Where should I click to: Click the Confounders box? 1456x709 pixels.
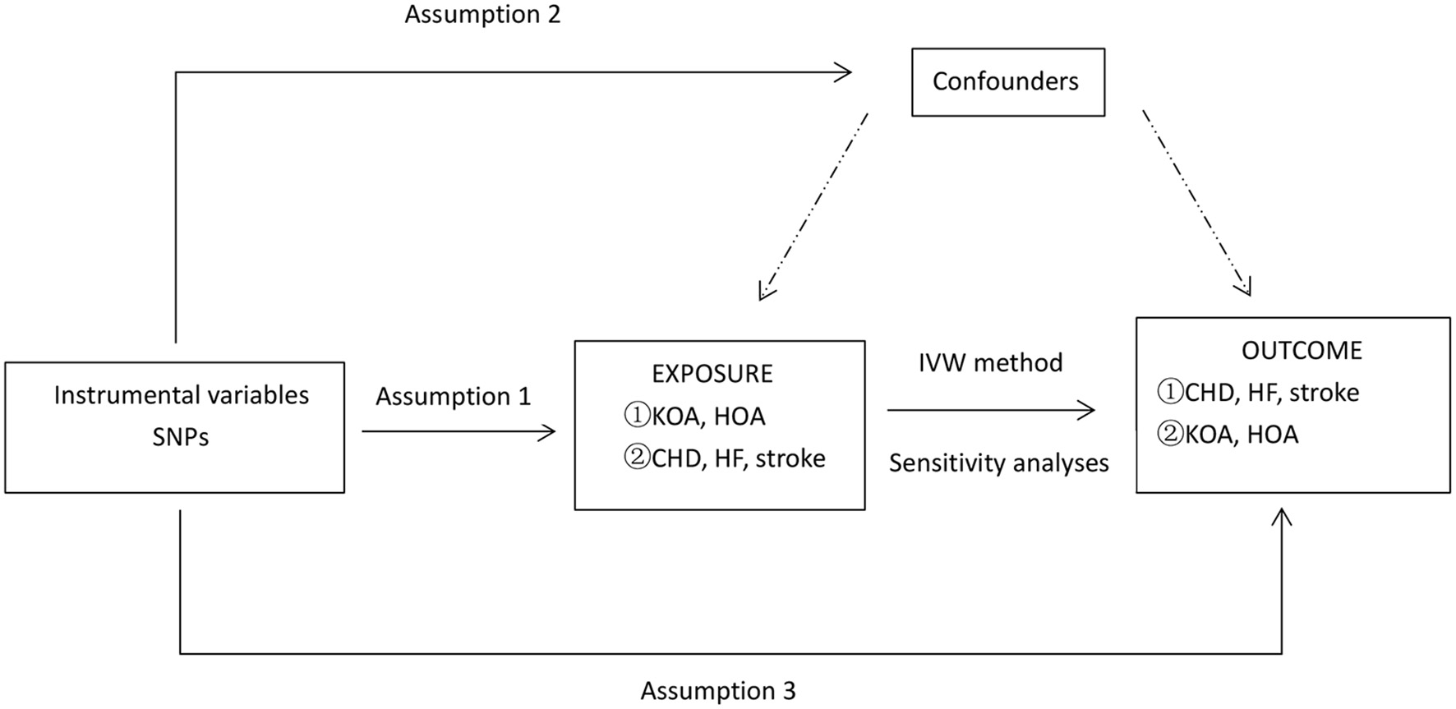point(1007,82)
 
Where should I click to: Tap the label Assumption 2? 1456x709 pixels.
point(482,14)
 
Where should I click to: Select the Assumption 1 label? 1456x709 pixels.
point(453,397)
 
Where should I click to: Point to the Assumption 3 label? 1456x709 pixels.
point(717,690)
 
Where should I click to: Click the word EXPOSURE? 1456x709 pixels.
point(712,374)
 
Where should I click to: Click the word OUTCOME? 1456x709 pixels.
point(1301,351)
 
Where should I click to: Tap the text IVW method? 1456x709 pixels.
point(990,362)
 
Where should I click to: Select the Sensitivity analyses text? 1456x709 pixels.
point(998,463)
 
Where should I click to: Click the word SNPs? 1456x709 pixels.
point(180,437)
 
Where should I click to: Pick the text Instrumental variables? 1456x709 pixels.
point(181,395)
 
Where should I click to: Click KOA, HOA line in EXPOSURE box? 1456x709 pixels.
point(695,417)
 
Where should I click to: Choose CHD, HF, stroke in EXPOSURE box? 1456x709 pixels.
point(725,458)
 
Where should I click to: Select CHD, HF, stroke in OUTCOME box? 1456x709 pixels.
point(1258,393)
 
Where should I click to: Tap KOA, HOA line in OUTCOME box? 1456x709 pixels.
point(1228,435)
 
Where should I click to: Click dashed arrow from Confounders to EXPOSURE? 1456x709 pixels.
point(814,205)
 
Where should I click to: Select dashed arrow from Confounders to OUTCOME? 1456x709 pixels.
point(1196,201)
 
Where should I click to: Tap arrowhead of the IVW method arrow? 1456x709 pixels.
point(1090,410)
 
